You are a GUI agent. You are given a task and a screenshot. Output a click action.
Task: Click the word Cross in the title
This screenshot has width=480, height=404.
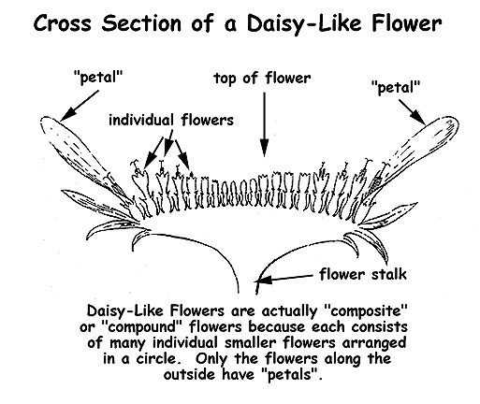click(x=63, y=23)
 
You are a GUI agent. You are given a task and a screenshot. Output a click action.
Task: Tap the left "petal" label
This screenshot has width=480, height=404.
click(x=97, y=77)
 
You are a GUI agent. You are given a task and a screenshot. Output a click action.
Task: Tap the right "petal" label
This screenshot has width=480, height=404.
click(x=396, y=87)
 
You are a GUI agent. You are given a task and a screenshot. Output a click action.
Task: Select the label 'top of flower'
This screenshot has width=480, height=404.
click(x=262, y=78)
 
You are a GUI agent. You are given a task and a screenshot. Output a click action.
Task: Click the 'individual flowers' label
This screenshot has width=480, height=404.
click(x=171, y=120)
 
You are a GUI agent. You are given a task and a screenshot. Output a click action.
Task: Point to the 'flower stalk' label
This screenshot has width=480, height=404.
click(x=363, y=274)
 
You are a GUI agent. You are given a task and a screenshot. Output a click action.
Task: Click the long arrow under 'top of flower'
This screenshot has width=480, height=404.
click(x=264, y=124)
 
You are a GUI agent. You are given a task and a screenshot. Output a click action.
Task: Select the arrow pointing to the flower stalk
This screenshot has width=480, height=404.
click(x=284, y=279)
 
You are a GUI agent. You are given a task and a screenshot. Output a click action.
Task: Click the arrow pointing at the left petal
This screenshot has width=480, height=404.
click(x=80, y=106)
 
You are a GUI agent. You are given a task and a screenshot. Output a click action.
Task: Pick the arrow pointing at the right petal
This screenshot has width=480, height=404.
click(x=413, y=112)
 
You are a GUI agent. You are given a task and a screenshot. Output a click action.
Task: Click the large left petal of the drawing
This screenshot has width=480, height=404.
click(x=84, y=159)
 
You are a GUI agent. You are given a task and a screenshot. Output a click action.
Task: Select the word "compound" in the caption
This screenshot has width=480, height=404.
click(x=142, y=327)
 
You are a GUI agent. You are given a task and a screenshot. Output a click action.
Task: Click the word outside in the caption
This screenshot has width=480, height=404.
click(x=191, y=374)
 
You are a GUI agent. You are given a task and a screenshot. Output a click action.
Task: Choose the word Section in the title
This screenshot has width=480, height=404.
click(x=141, y=23)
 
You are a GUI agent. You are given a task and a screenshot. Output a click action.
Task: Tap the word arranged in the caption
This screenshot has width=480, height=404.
click(x=374, y=343)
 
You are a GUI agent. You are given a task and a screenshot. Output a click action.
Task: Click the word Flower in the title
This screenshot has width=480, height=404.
click(x=407, y=23)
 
